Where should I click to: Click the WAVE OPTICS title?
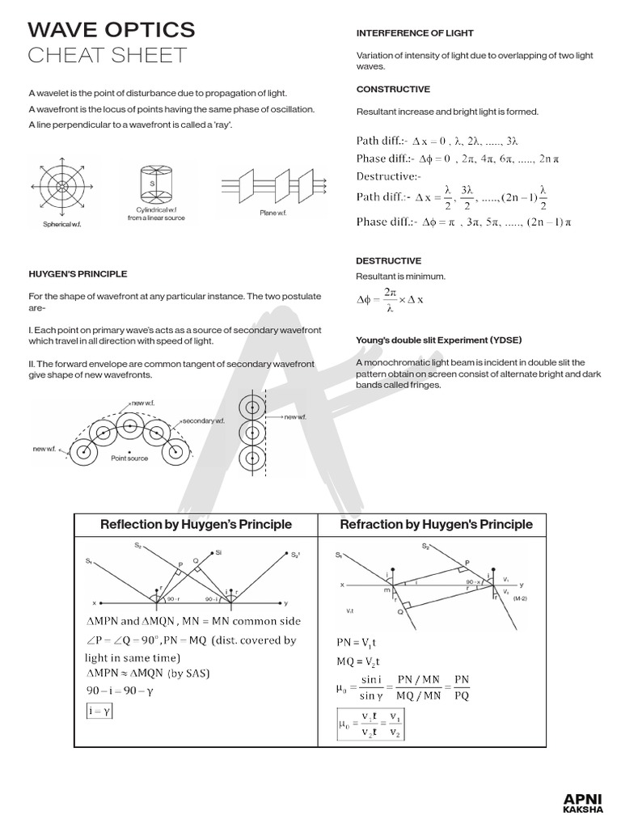coord(111,30)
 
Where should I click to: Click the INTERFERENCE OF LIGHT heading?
coord(415,33)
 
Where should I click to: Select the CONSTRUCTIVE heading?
coord(393,89)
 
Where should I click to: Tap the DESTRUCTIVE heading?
coord(388,261)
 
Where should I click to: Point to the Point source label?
coord(129,457)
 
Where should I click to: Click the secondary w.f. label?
coord(203,421)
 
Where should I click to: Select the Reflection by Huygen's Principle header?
coord(196,525)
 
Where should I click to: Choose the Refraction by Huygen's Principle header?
coord(437,525)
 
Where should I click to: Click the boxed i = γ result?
coord(96,711)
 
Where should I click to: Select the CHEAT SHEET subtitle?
coord(107,55)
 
